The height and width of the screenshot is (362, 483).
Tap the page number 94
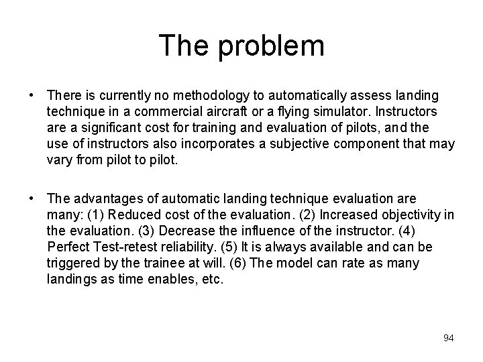point(448,338)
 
